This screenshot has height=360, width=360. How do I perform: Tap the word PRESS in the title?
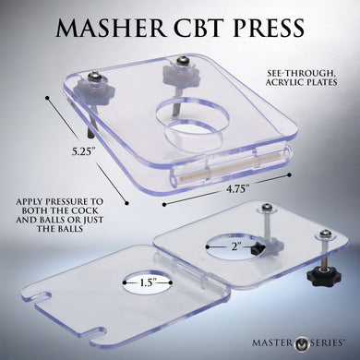point(269,28)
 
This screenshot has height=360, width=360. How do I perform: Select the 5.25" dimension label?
point(82,152)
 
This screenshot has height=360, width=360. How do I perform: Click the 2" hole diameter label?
point(234,246)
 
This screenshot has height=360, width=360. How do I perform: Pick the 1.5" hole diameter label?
point(148,282)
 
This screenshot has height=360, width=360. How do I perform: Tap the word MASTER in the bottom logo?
point(272,342)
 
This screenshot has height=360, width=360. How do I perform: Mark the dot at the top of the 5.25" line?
point(47,98)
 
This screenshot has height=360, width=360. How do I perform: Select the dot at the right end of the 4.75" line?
point(289,174)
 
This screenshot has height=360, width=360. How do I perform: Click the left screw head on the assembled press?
point(93,77)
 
